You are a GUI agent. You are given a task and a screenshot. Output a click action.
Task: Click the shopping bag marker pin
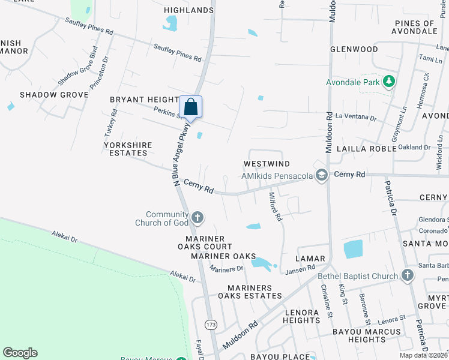[x=190, y=107]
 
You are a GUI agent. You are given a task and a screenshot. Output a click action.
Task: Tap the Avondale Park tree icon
[x=389, y=81]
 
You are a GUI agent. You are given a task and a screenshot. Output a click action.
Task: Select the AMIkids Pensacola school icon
[x=321, y=175]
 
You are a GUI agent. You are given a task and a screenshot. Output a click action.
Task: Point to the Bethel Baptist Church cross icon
[x=407, y=275]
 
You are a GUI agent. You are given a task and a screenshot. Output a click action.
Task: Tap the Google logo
[x=20, y=353]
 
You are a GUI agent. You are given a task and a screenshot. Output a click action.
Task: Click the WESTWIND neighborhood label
[x=267, y=164]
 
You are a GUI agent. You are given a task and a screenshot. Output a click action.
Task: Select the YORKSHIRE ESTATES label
[x=128, y=149]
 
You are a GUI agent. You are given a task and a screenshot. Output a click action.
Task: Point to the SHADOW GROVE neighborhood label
[x=46, y=95]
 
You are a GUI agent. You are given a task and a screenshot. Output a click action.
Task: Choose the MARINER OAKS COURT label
[x=205, y=242]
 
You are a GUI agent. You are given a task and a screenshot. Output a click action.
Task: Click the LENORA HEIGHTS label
[x=302, y=316]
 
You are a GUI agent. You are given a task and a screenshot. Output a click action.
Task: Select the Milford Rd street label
[x=275, y=206]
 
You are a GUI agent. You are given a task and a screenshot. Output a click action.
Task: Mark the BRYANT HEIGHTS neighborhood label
[x=144, y=100]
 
